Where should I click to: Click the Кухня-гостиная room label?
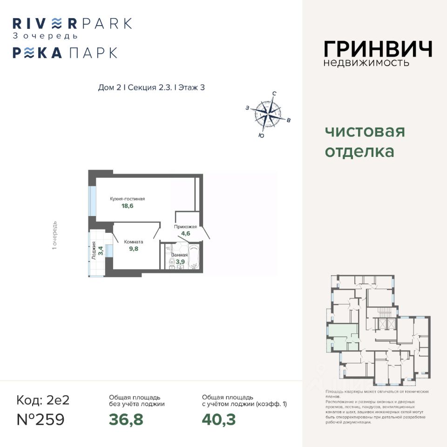click(x=127, y=199)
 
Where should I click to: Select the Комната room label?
click(x=133, y=242)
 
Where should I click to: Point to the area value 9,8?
click(x=133, y=249)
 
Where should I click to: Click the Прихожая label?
click(x=185, y=227)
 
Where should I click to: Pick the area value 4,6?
click(x=185, y=234)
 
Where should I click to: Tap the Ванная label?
click(x=179, y=255)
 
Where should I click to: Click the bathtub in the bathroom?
click(x=194, y=257)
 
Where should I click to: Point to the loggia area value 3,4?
click(x=101, y=252)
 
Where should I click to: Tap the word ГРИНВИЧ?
click(x=378, y=49)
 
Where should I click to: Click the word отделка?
click(x=359, y=152)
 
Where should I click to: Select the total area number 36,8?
click(x=126, y=420)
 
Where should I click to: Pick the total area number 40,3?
click(x=218, y=420)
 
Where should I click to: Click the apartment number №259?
click(x=41, y=420)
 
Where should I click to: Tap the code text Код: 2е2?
click(x=43, y=400)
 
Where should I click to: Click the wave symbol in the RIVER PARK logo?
click(x=56, y=23)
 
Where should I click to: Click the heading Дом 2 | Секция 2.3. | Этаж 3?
click(x=151, y=88)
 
